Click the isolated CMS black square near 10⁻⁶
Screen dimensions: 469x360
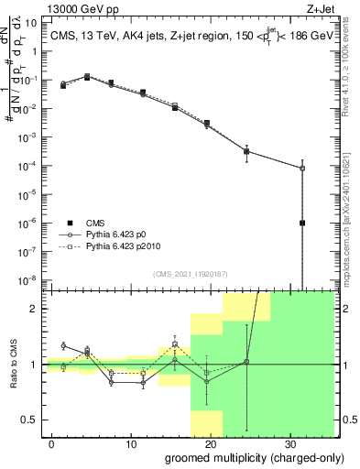302,223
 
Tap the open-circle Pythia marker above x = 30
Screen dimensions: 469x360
302,168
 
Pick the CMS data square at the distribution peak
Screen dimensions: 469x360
87,78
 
